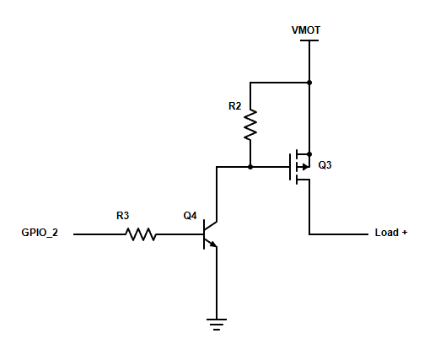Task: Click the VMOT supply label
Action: tap(306, 30)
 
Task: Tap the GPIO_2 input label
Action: tap(40, 233)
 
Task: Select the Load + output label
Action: tap(391, 233)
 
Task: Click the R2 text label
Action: tap(235, 106)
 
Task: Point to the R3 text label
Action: tap(122, 216)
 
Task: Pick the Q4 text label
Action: tap(190, 216)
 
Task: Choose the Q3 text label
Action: tap(325, 165)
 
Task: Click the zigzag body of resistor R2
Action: tap(250, 125)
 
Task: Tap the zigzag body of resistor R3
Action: tap(141, 234)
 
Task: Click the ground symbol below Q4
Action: tap(217, 325)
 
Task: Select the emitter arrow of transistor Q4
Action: tap(213, 244)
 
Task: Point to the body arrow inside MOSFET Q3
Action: tap(305, 167)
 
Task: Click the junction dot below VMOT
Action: tap(309, 83)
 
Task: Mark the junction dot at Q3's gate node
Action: tap(250, 167)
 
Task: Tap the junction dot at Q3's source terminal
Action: tap(309, 154)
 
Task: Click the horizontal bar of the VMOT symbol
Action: tap(309, 40)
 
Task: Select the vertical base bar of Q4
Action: tap(204, 234)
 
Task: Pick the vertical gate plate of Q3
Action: tap(290, 167)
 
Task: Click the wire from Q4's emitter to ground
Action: tap(217, 282)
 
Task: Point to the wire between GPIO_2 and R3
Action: tap(99, 234)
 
